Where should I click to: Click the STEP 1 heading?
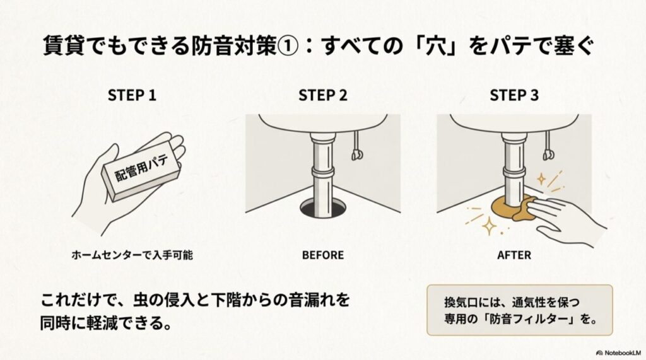[132, 95]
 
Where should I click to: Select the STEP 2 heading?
[322, 95]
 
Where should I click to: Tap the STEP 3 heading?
[514, 95]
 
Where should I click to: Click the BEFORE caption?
[322, 255]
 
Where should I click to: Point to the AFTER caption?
[514, 255]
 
